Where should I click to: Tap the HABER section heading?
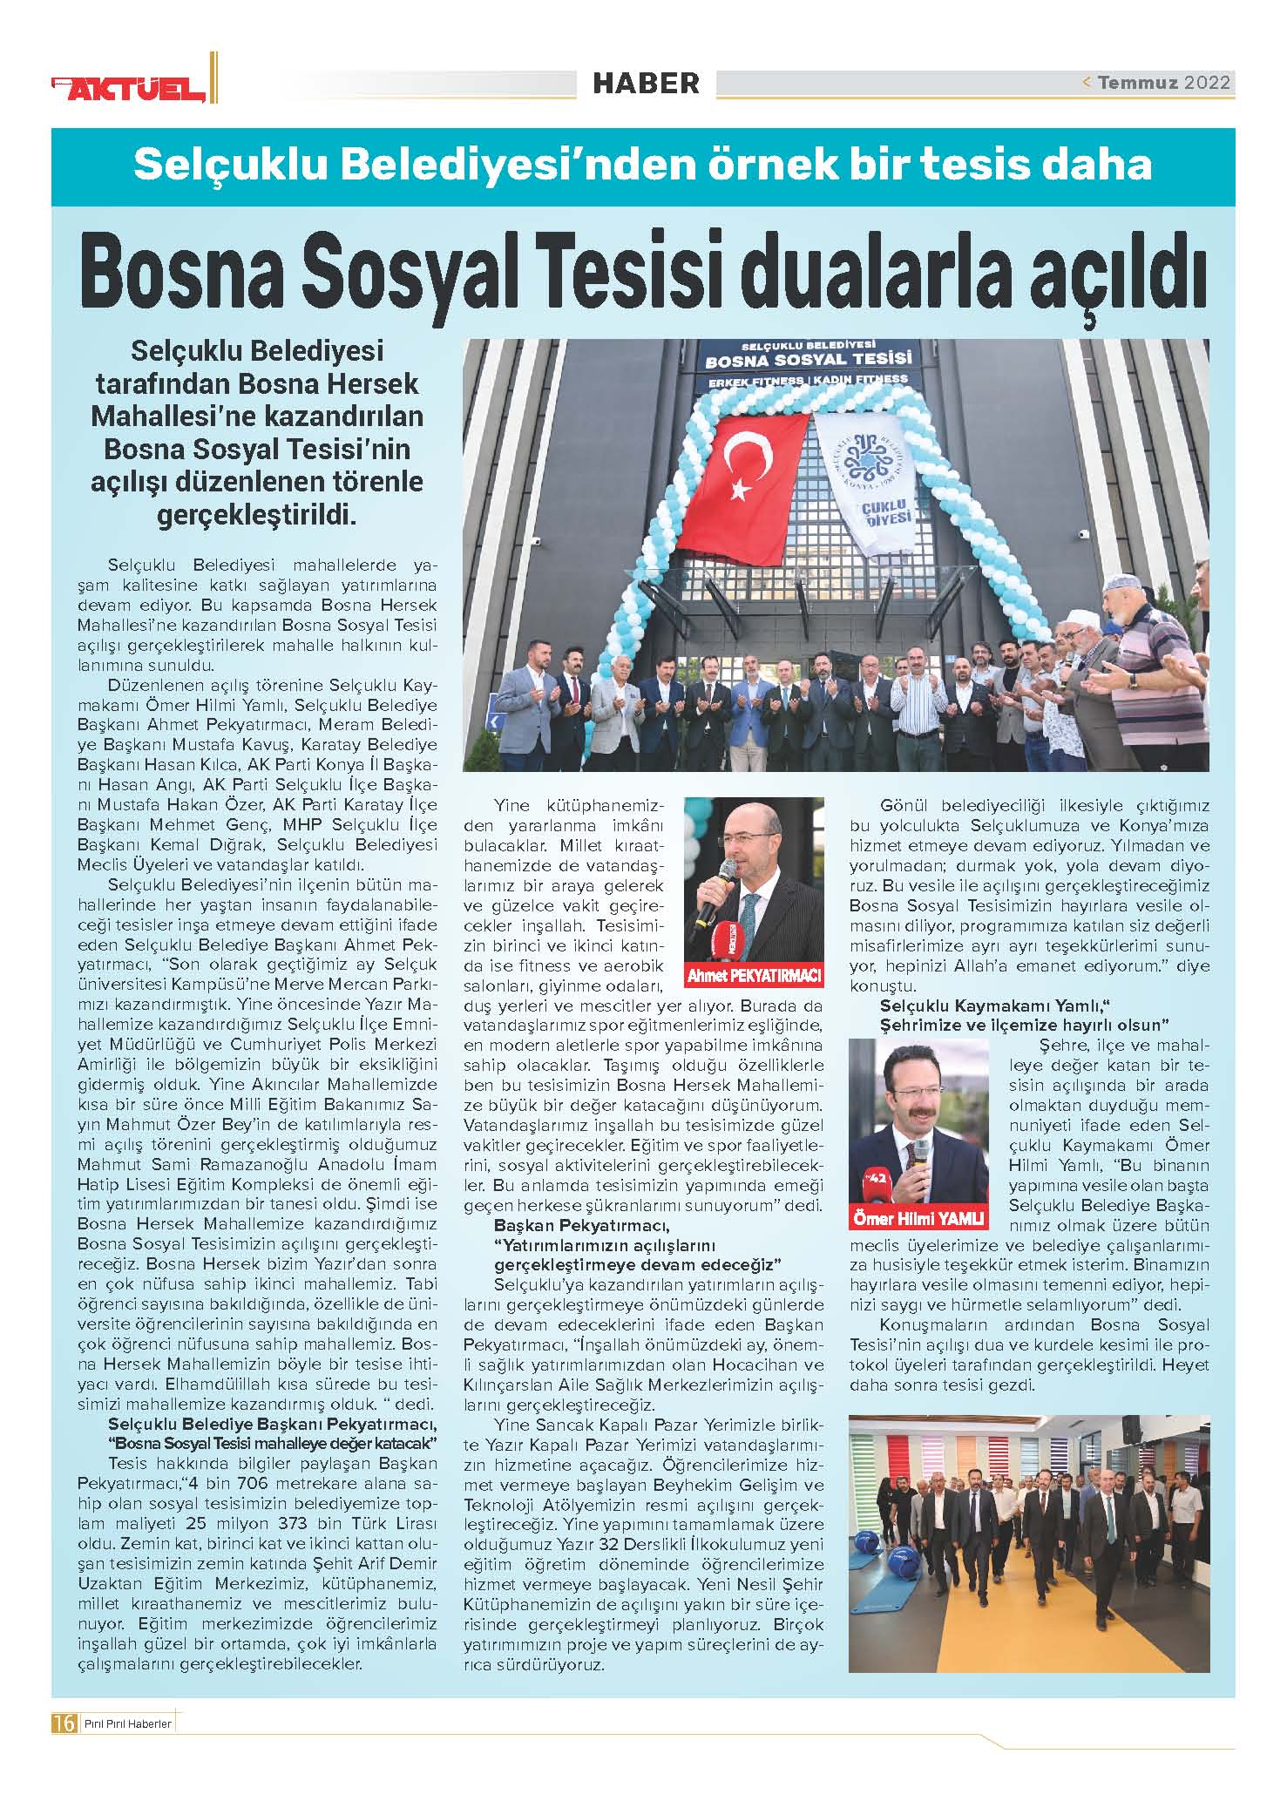(x=646, y=83)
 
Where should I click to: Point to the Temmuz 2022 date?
(x=1162, y=83)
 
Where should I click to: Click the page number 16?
(x=64, y=1723)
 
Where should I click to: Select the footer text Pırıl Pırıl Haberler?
(x=127, y=1723)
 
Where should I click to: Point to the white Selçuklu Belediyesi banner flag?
(x=868, y=479)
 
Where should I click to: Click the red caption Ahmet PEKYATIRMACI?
(x=754, y=976)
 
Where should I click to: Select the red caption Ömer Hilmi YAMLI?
(x=918, y=1217)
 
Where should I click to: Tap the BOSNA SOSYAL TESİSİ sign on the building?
(x=808, y=359)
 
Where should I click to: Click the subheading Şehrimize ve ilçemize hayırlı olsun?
(x=1024, y=1026)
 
